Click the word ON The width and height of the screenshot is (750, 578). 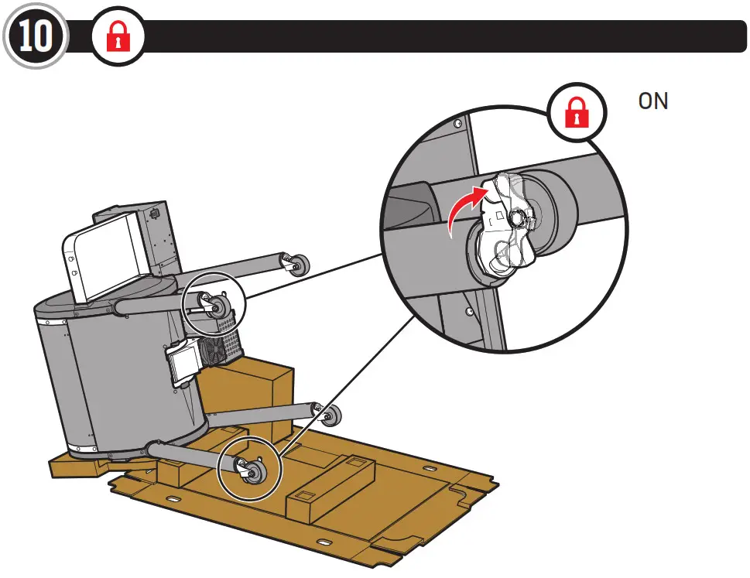coord(652,101)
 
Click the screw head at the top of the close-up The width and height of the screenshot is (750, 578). coord(459,124)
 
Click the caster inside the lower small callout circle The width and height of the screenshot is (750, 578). coord(249,469)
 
